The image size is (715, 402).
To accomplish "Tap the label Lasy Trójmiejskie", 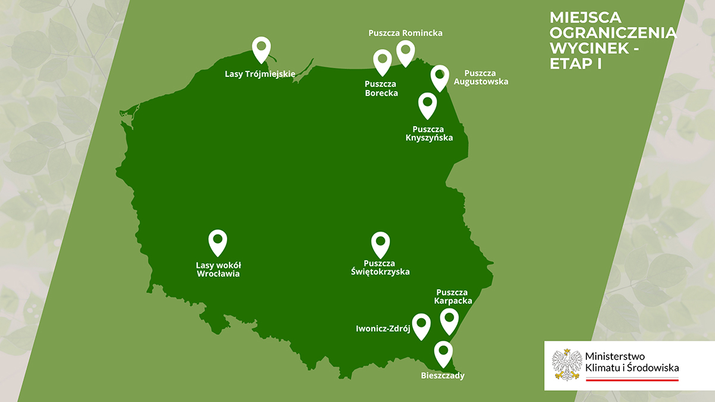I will pyautogui.click(x=260, y=74).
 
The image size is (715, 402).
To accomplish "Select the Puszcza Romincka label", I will pyautogui.click(x=405, y=33).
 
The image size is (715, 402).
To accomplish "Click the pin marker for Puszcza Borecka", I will pyautogui.click(x=382, y=61).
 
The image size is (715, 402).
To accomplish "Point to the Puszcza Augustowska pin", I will pyautogui.click(x=440, y=76).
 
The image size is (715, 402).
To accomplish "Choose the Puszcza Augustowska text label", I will pyautogui.click(x=481, y=77).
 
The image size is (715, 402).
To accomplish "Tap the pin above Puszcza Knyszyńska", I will pyautogui.click(x=427, y=104).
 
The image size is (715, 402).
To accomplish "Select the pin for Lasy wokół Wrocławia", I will pyautogui.click(x=217, y=241).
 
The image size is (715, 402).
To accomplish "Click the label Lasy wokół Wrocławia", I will pyautogui.click(x=218, y=269).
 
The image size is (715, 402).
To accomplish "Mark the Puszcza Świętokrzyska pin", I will pyautogui.click(x=380, y=243).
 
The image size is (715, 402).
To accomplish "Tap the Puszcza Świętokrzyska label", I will pyautogui.click(x=380, y=267).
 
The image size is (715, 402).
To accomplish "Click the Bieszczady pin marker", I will pyautogui.click(x=443, y=353).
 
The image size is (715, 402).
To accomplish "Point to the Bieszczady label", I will pyautogui.click(x=442, y=376).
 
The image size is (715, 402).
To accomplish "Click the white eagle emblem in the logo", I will pyautogui.click(x=566, y=364).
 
